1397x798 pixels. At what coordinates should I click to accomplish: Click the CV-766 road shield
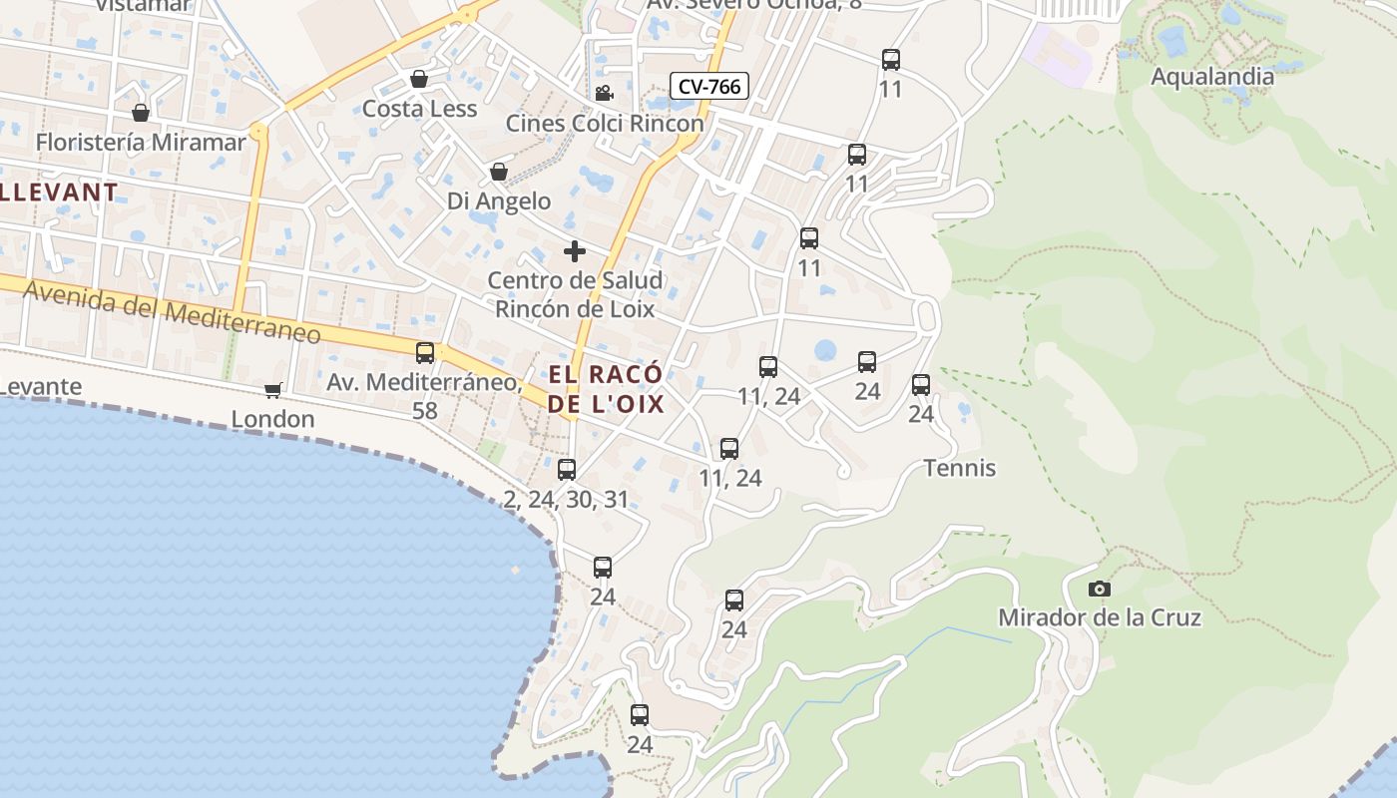pos(708,87)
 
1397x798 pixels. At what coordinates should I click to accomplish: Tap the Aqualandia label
pos(1212,77)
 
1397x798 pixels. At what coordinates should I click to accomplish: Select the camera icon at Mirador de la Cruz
pos(1100,589)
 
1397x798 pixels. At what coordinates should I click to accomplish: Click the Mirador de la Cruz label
pos(1100,617)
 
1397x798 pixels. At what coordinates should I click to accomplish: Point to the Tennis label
pos(960,468)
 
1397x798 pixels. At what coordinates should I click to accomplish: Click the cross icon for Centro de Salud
pos(575,251)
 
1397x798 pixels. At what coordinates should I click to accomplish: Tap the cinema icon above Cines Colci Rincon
pos(604,94)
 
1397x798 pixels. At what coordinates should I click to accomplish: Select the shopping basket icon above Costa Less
pos(419,79)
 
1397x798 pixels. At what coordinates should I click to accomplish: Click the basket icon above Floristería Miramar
pos(141,113)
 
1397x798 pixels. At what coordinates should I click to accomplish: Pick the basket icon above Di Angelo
pos(499,173)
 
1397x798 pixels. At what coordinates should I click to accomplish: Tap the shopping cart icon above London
pos(272,390)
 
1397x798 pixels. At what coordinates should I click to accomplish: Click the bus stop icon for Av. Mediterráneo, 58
pos(425,352)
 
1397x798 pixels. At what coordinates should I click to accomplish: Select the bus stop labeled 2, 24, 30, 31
pos(567,469)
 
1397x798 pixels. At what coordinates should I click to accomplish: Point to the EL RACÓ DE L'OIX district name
pos(606,389)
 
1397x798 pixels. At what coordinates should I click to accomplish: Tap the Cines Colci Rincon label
pos(605,124)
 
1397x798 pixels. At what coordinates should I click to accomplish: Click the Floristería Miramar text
pos(141,142)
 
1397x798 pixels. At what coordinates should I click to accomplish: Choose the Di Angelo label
pos(499,201)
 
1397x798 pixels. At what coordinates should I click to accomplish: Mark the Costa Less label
pos(419,109)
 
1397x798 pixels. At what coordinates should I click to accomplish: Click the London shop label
pos(272,419)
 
